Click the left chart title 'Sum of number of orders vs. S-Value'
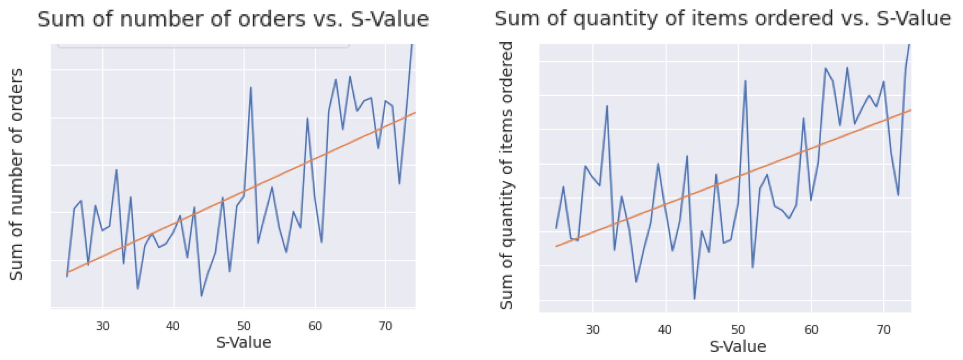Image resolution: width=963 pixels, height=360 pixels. pos(233,19)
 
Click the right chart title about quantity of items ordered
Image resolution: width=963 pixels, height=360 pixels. pos(723,18)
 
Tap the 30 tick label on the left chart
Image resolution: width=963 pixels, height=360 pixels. pos(103,326)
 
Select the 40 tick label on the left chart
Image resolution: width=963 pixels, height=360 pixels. pos(173,326)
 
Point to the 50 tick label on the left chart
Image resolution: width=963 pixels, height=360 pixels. pos(244,326)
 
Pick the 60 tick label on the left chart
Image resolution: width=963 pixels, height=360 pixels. pos(315,326)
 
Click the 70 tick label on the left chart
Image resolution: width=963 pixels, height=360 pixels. pos(385,326)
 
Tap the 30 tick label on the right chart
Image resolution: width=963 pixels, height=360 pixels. pos(592,330)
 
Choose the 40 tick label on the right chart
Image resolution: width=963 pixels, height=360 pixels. pos(665,330)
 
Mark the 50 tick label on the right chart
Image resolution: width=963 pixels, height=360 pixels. pos(738,330)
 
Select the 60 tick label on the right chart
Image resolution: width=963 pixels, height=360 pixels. pos(811,330)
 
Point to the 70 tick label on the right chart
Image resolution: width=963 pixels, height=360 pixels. pos(883,330)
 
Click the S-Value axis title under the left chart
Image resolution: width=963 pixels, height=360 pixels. pos(244,342)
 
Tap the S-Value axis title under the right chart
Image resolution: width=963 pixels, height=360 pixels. pos(738,346)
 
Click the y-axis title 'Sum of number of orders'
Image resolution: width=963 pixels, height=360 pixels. pos(16,175)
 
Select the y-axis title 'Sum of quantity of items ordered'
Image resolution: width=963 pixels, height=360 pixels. pos(507,175)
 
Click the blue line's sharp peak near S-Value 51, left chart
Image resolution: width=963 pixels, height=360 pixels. pos(251,88)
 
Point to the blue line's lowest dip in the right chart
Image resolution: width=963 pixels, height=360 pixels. pos(694,299)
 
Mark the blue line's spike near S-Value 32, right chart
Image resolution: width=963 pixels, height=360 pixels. pos(607,106)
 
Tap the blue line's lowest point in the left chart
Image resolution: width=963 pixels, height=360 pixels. pos(201,296)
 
